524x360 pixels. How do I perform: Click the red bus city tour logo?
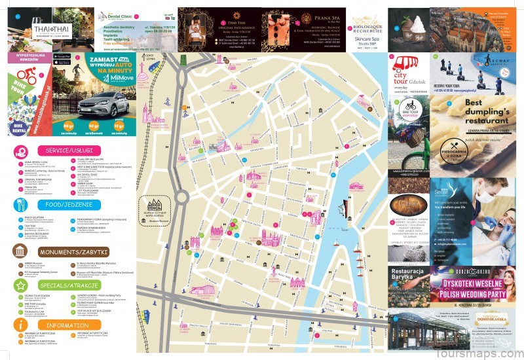(x=405, y=65)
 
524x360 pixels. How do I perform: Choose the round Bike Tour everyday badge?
(x=410, y=107)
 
